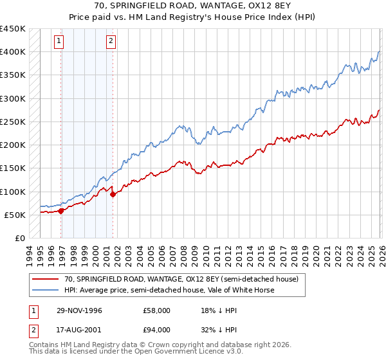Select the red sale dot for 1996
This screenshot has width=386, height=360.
pyautogui.click(x=61, y=210)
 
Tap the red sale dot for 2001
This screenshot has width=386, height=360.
pyautogui.click(x=113, y=194)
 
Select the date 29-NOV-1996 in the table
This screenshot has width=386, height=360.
pyautogui.click(x=79, y=310)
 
